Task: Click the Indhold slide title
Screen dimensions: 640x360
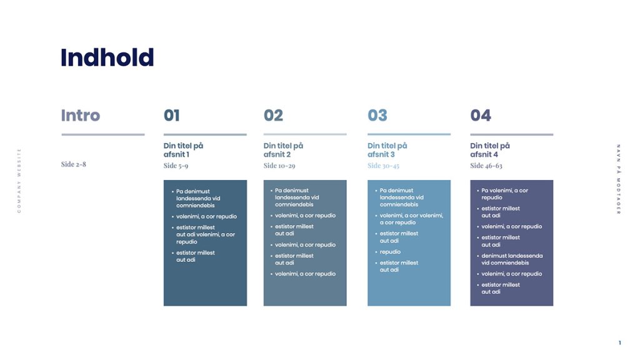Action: pos(107,57)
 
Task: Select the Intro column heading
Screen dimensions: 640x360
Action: pos(81,116)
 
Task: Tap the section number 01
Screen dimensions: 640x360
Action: pos(172,116)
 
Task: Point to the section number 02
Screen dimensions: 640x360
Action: pos(274,116)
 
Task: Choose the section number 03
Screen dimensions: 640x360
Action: pos(377,116)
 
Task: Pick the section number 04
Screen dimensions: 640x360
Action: pos(481,116)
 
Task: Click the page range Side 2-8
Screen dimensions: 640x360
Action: pos(74,164)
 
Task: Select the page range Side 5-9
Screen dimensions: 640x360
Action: pos(176,166)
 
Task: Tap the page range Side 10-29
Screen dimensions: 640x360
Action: pos(279,166)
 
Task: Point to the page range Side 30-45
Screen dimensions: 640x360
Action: pos(383,166)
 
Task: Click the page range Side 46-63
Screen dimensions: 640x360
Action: pos(486,166)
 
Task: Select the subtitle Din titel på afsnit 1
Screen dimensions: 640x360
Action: pos(183,150)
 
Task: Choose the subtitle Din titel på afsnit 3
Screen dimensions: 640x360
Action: pos(387,150)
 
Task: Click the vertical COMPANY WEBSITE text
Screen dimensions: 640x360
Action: pos(19,181)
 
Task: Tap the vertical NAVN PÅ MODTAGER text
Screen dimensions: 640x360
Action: pos(619,179)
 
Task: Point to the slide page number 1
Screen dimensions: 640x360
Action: pos(619,343)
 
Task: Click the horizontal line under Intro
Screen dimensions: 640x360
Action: pos(103,134)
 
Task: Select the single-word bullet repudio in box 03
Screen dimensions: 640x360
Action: pos(390,252)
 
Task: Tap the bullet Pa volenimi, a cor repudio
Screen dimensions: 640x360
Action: pos(504,194)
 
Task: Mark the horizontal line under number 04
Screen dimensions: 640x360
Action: pos(512,134)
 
